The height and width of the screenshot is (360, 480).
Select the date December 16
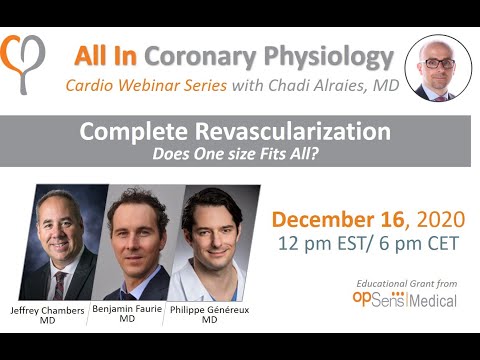(337, 220)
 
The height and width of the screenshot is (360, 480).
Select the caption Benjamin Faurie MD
(127, 314)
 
